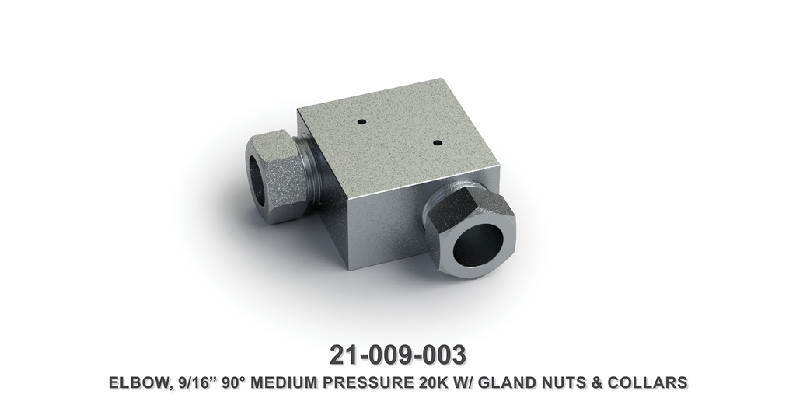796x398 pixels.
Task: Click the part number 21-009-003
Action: click(397, 354)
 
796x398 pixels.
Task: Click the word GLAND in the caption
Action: click(519, 382)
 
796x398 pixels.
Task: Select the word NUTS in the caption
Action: click(576, 382)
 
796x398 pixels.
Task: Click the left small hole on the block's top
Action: click(361, 122)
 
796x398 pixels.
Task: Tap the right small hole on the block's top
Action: click(438, 143)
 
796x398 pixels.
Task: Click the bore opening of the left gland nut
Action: click(257, 181)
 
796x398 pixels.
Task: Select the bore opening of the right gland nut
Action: click(477, 245)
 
